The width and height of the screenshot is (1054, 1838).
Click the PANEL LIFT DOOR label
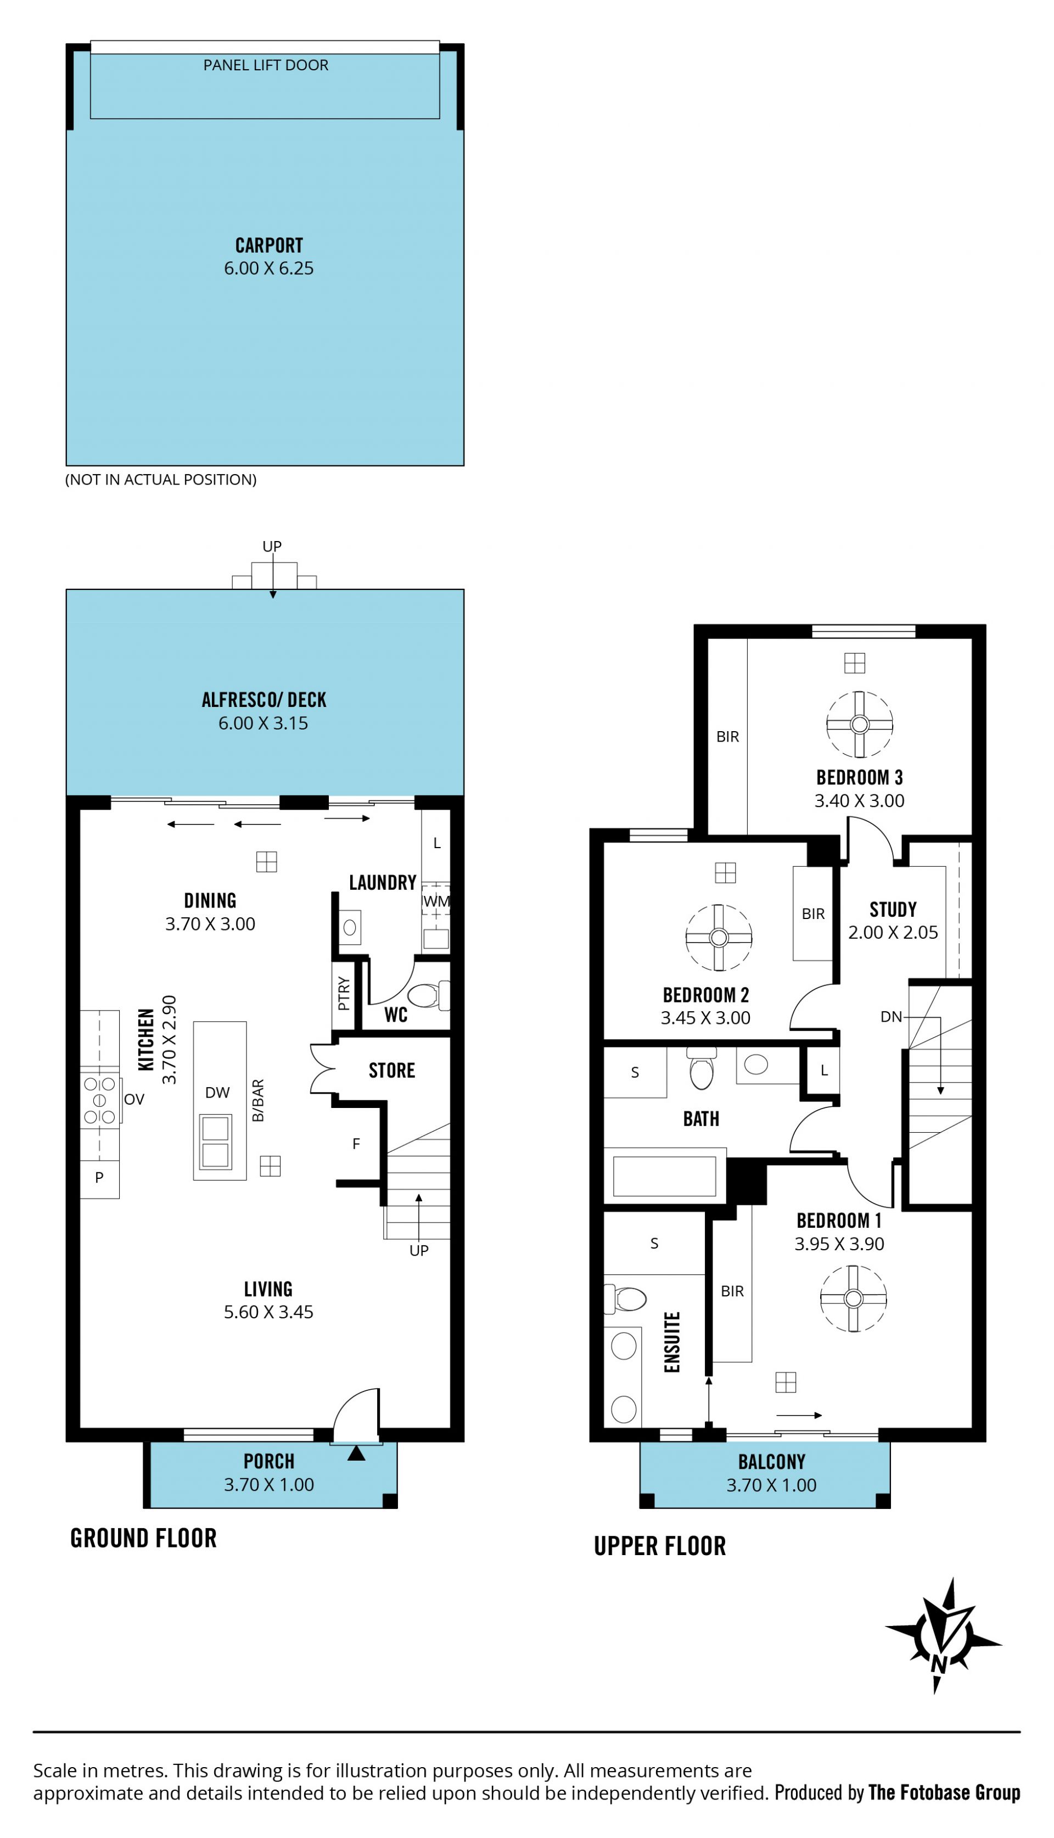point(266,65)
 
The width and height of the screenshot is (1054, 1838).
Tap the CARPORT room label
point(268,246)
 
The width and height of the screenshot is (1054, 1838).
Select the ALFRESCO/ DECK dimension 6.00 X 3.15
point(263,723)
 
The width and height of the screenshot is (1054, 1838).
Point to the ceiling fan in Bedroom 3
point(859,724)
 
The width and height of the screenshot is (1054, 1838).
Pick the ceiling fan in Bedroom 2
point(719,938)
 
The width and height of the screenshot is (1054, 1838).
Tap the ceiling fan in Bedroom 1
point(854,1299)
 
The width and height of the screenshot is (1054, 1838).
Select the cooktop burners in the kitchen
point(100,1101)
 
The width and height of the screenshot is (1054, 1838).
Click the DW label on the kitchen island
point(217,1092)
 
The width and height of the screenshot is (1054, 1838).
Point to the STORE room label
point(391,1071)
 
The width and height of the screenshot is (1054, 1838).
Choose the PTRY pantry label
point(344,994)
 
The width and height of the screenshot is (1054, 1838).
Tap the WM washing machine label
point(436,901)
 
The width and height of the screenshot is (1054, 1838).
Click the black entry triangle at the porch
point(356,1453)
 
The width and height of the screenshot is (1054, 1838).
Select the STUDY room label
point(893,910)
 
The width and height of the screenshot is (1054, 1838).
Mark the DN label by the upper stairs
point(891,1017)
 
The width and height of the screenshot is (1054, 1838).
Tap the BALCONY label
point(772,1461)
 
